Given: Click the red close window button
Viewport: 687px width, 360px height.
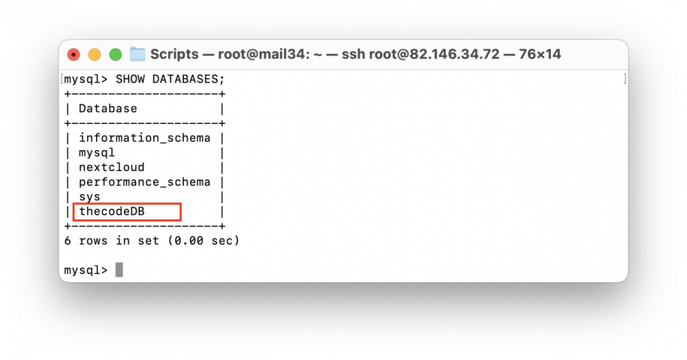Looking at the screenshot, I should point(74,55).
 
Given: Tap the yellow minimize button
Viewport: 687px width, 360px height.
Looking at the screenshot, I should point(94,55).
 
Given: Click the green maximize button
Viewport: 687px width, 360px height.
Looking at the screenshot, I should point(115,55).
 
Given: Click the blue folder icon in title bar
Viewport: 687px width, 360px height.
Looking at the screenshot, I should point(137,54).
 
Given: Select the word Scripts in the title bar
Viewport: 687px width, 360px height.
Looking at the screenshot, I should point(174,54).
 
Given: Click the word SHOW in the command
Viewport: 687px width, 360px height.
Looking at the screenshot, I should point(130,79).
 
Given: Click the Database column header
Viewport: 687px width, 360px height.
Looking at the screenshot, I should point(108,109).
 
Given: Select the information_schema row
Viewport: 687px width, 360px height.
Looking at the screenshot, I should point(144,138).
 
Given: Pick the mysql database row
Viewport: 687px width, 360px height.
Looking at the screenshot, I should point(97,153).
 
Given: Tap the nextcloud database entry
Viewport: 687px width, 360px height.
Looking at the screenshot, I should point(111,167).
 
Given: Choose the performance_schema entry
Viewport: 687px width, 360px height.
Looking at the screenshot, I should point(144,182).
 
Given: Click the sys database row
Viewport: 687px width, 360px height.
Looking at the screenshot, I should point(90,197).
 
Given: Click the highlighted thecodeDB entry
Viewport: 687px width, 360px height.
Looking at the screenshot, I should point(111,211).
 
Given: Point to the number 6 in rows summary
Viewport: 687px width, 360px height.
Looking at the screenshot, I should point(67,241).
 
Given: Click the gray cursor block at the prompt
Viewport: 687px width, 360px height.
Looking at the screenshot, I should point(119,270).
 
